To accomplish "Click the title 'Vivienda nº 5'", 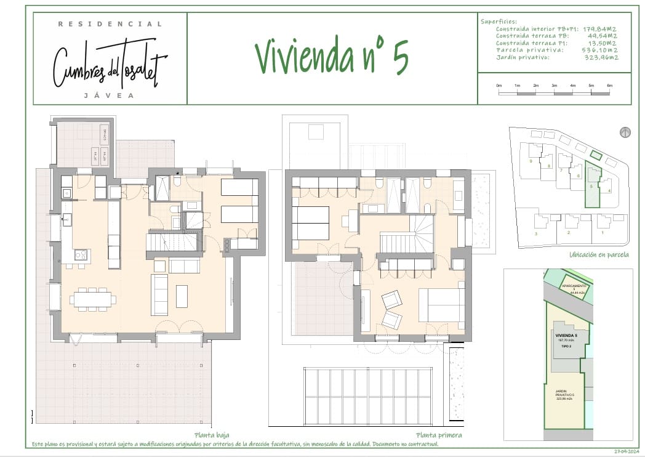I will click(331, 57).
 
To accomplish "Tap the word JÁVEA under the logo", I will click(110, 95).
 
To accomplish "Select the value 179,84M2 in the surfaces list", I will click(601, 29).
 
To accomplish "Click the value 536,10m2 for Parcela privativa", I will click(601, 50).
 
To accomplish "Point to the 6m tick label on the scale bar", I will click(610, 85).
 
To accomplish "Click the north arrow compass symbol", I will click(625, 132).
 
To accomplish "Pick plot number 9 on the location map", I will click(530, 161).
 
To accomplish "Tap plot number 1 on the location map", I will click(603, 233).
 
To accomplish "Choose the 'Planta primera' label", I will click(438, 435).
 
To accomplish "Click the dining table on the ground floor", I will click(93, 299).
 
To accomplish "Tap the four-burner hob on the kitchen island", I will click(81, 254).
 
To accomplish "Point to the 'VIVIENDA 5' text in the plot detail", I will click(563, 336).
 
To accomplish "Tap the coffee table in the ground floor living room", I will click(182, 296).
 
